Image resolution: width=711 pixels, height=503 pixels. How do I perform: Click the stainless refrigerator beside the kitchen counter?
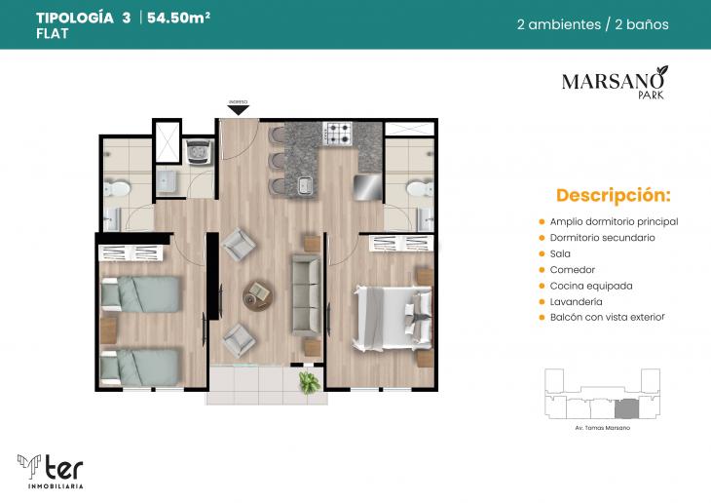click(365, 185)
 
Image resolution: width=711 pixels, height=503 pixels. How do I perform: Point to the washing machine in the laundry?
click(201, 149)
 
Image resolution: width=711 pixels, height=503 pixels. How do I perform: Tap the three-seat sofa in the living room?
click(307, 292)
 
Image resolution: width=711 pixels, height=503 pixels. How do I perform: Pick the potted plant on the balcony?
click(309, 381)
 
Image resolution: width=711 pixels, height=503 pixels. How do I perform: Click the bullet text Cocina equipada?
click(590, 286)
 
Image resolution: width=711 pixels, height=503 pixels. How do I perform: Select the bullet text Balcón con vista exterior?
click(607, 318)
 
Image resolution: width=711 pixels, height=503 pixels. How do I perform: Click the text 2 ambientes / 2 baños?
click(592, 24)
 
